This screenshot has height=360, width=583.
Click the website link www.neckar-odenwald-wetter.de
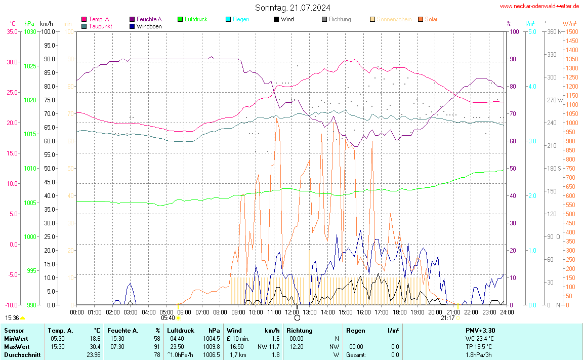pyautogui.click(x=539, y=6)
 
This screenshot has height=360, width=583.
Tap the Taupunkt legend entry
pyautogui.click(x=100, y=26)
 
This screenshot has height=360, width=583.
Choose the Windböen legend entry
pyautogui.click(x=149, y=26)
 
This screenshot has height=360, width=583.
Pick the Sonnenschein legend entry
pyautogui.click(x=394, y=19)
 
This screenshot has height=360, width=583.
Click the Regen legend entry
pyautogui.click(x=241, y=19)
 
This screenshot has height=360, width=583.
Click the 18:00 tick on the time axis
pyautogui.click(x=400, y=312)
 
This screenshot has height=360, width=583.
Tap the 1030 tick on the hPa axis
pyautogui.click(x=30, y=31)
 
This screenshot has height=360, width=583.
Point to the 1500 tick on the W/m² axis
pyautogui.click(x=572, y=31)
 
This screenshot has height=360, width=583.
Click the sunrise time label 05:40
pyautogui.click(x=168, y=318)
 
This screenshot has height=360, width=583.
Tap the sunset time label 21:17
pyautogui.click(x=447, y=318)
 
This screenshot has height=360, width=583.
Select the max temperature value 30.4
pyautogui.click(x=95, y=346)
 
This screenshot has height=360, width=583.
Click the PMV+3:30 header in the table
pyautogui.click(x=480, y=330)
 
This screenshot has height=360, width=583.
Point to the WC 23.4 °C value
pyautogui.click(x=480, y=338)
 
